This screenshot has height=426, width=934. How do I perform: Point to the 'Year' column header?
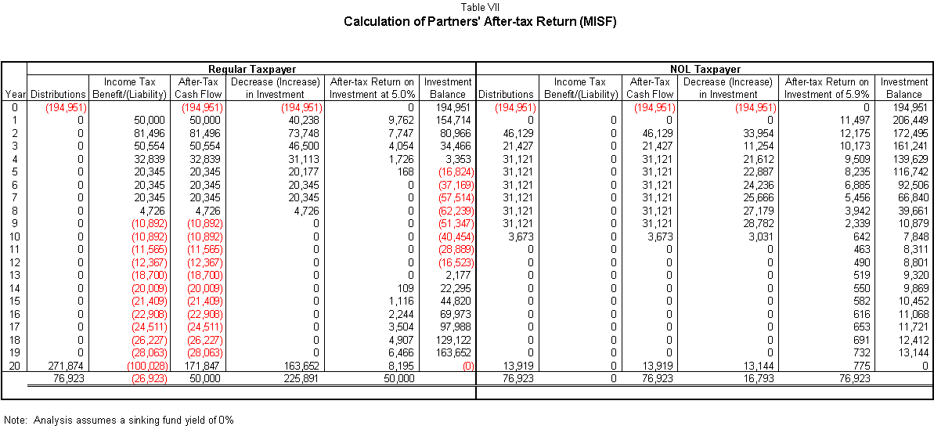click(14, 94)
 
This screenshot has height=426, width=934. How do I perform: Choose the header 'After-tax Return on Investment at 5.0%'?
click(371, 88)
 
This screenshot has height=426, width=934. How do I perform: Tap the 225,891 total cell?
click(305, 377)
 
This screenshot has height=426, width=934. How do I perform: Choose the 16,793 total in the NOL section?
click(759, 377)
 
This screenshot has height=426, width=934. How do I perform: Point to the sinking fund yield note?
click(120, 420)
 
